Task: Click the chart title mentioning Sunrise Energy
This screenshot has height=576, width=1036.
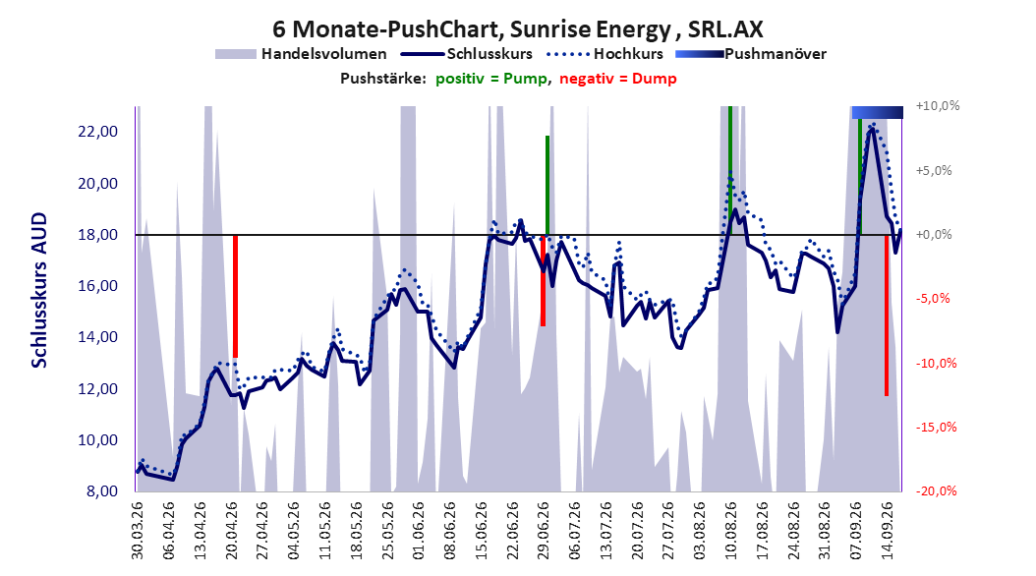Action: (517, 29)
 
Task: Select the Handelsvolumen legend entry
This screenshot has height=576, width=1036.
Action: (301, 54)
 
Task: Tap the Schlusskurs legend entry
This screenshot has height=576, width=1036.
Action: (466, 54)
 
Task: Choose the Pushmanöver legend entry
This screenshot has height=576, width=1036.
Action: (751, 54)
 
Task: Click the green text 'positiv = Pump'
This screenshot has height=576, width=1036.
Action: (490, 79)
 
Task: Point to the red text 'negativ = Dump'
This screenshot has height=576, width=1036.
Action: (618, 79)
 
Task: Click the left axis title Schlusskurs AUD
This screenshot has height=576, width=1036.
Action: (39, 290)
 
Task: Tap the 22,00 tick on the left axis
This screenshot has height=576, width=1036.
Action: (97, 132)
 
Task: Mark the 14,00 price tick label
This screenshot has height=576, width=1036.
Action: (97, 337)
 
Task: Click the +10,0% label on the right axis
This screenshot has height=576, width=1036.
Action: (938, 106)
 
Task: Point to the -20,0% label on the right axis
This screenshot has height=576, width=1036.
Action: (936, 490)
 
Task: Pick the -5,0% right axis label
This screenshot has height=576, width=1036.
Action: (933, 299)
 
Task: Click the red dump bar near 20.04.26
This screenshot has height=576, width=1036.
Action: (235, 297)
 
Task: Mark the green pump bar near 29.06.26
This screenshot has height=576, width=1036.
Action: (547, 185)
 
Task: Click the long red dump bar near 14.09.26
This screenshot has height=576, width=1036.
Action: (887, 316)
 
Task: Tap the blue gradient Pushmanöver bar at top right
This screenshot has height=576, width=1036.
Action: (878, 112)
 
